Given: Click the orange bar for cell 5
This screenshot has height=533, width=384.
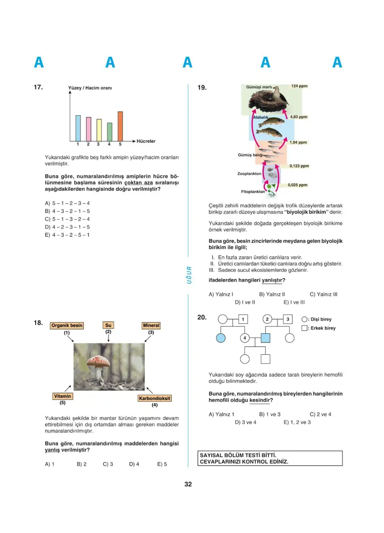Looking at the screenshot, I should coord(120,126).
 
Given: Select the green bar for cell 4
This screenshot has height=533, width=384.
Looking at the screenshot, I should coord(109,132).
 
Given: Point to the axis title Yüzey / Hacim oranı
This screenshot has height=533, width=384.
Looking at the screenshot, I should coord(90,88).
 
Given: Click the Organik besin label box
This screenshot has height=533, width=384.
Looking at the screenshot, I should coord(67,326).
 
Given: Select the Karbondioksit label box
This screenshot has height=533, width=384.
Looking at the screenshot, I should coord(154,398).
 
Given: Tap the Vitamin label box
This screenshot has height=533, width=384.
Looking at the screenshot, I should coord(62,396).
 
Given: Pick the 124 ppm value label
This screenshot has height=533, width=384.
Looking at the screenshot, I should coord(299,86).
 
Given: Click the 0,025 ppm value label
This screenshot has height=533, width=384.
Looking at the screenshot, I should coord(298,185).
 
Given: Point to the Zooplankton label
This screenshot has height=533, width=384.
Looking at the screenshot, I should coord(249,173).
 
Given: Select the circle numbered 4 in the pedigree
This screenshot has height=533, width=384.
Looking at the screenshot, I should coord(245,338).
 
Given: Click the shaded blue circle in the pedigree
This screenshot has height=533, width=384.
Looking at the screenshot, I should coord(222,338).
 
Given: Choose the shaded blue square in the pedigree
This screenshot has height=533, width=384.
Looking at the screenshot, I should coord(266,338).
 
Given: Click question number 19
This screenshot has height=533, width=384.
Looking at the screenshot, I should coord(202,88).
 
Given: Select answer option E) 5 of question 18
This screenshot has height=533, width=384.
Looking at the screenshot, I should coord(162,464).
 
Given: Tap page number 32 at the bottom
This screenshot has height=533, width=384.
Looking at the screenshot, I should coord(188,484).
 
